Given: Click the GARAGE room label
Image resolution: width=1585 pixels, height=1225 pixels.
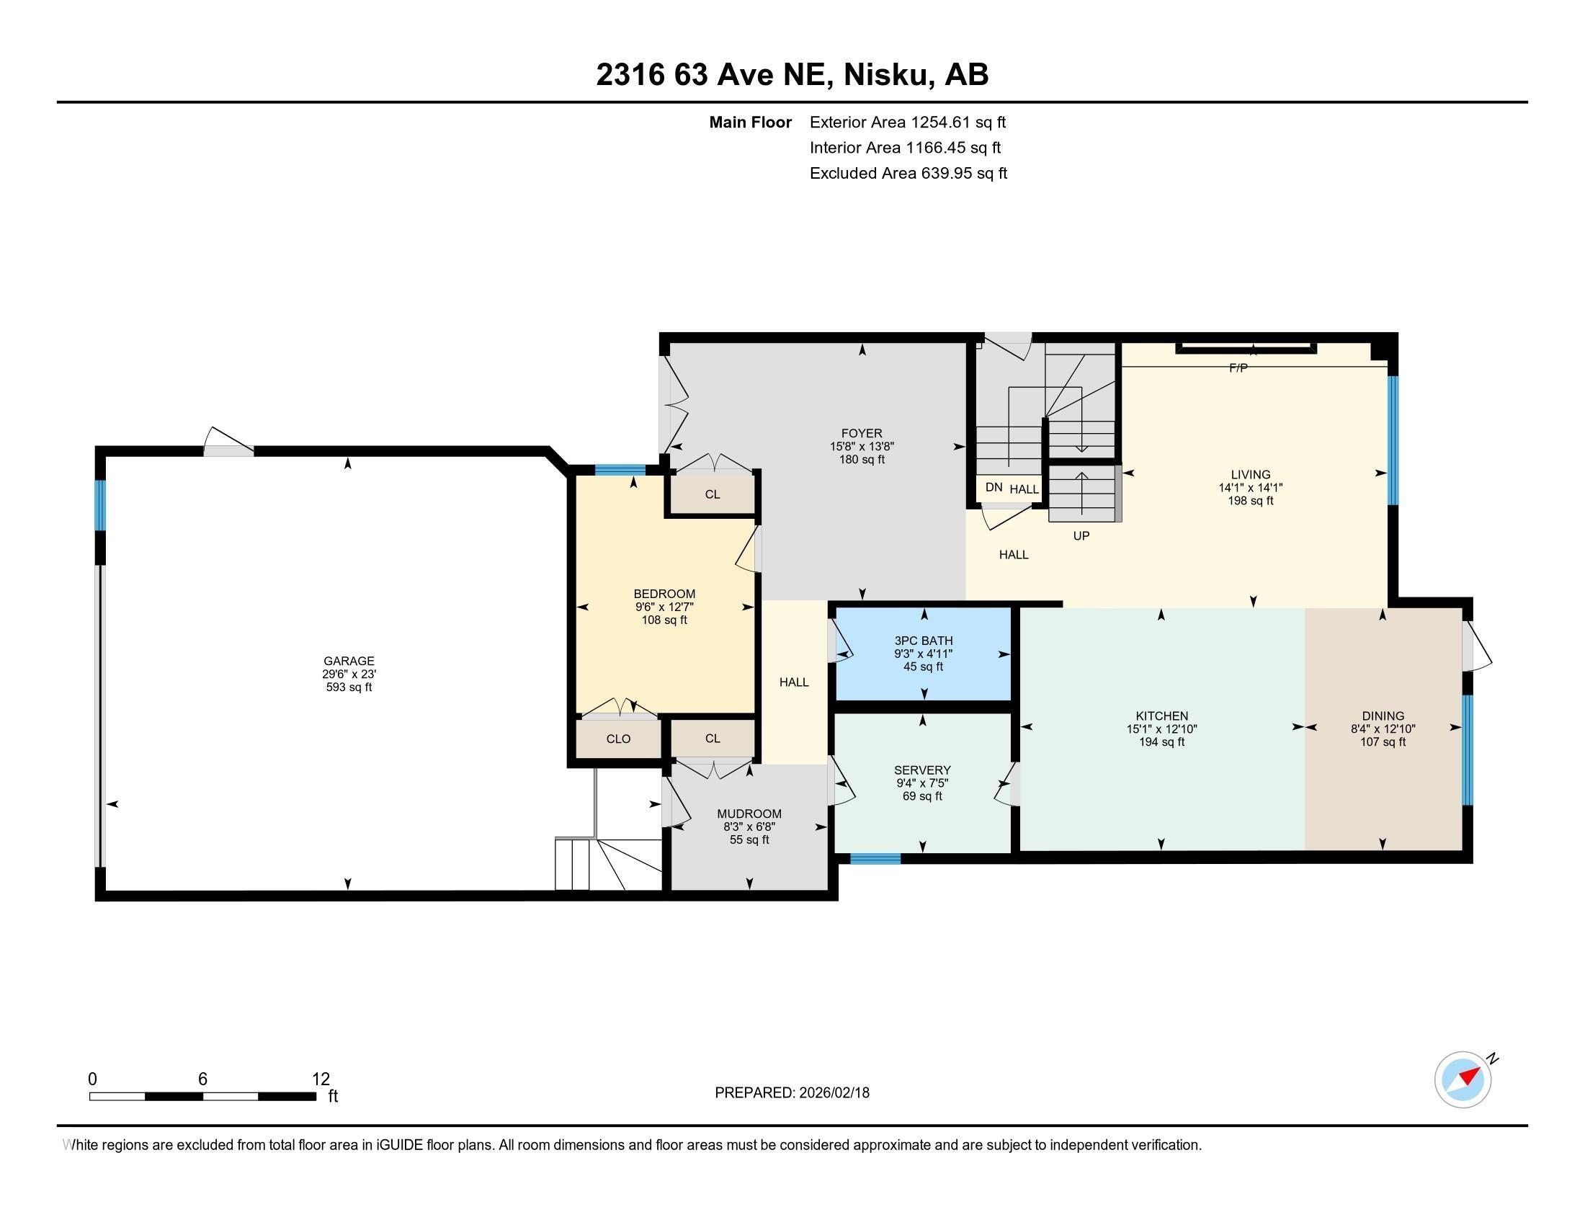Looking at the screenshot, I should point(349,660).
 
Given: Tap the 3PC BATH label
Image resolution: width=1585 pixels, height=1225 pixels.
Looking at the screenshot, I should point(923,641).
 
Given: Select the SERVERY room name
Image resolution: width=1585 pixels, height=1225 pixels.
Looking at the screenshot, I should point(922,770).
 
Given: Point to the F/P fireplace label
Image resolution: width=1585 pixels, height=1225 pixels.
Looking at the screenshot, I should point(1238,369).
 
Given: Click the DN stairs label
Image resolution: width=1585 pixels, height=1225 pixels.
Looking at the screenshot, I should point(994,488).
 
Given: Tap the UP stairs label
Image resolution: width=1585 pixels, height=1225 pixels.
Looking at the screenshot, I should point(1081,536).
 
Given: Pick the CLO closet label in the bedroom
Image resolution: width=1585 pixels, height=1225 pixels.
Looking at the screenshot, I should point(618,739).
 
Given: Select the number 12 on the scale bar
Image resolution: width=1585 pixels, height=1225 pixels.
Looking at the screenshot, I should point(321,1079).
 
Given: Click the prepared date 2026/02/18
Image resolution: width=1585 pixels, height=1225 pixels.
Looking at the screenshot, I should point(833,1093).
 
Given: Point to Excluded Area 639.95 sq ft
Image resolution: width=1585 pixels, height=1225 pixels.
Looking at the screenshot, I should point(908,174).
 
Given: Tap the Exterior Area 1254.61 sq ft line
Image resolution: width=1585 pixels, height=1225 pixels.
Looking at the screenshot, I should point(907,122).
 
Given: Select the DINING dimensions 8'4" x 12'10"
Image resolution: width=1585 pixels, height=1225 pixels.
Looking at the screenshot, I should point(1383,729).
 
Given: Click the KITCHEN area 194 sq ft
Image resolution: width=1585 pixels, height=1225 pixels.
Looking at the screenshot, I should point(1161,742).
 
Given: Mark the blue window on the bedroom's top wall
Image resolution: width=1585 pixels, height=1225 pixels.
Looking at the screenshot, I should point(620,470).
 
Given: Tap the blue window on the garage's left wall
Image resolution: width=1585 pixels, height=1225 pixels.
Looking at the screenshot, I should point(101,505).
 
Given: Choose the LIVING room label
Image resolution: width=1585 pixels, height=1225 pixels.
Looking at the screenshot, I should point(1250,475).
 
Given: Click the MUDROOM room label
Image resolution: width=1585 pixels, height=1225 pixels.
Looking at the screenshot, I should point(749,814).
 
